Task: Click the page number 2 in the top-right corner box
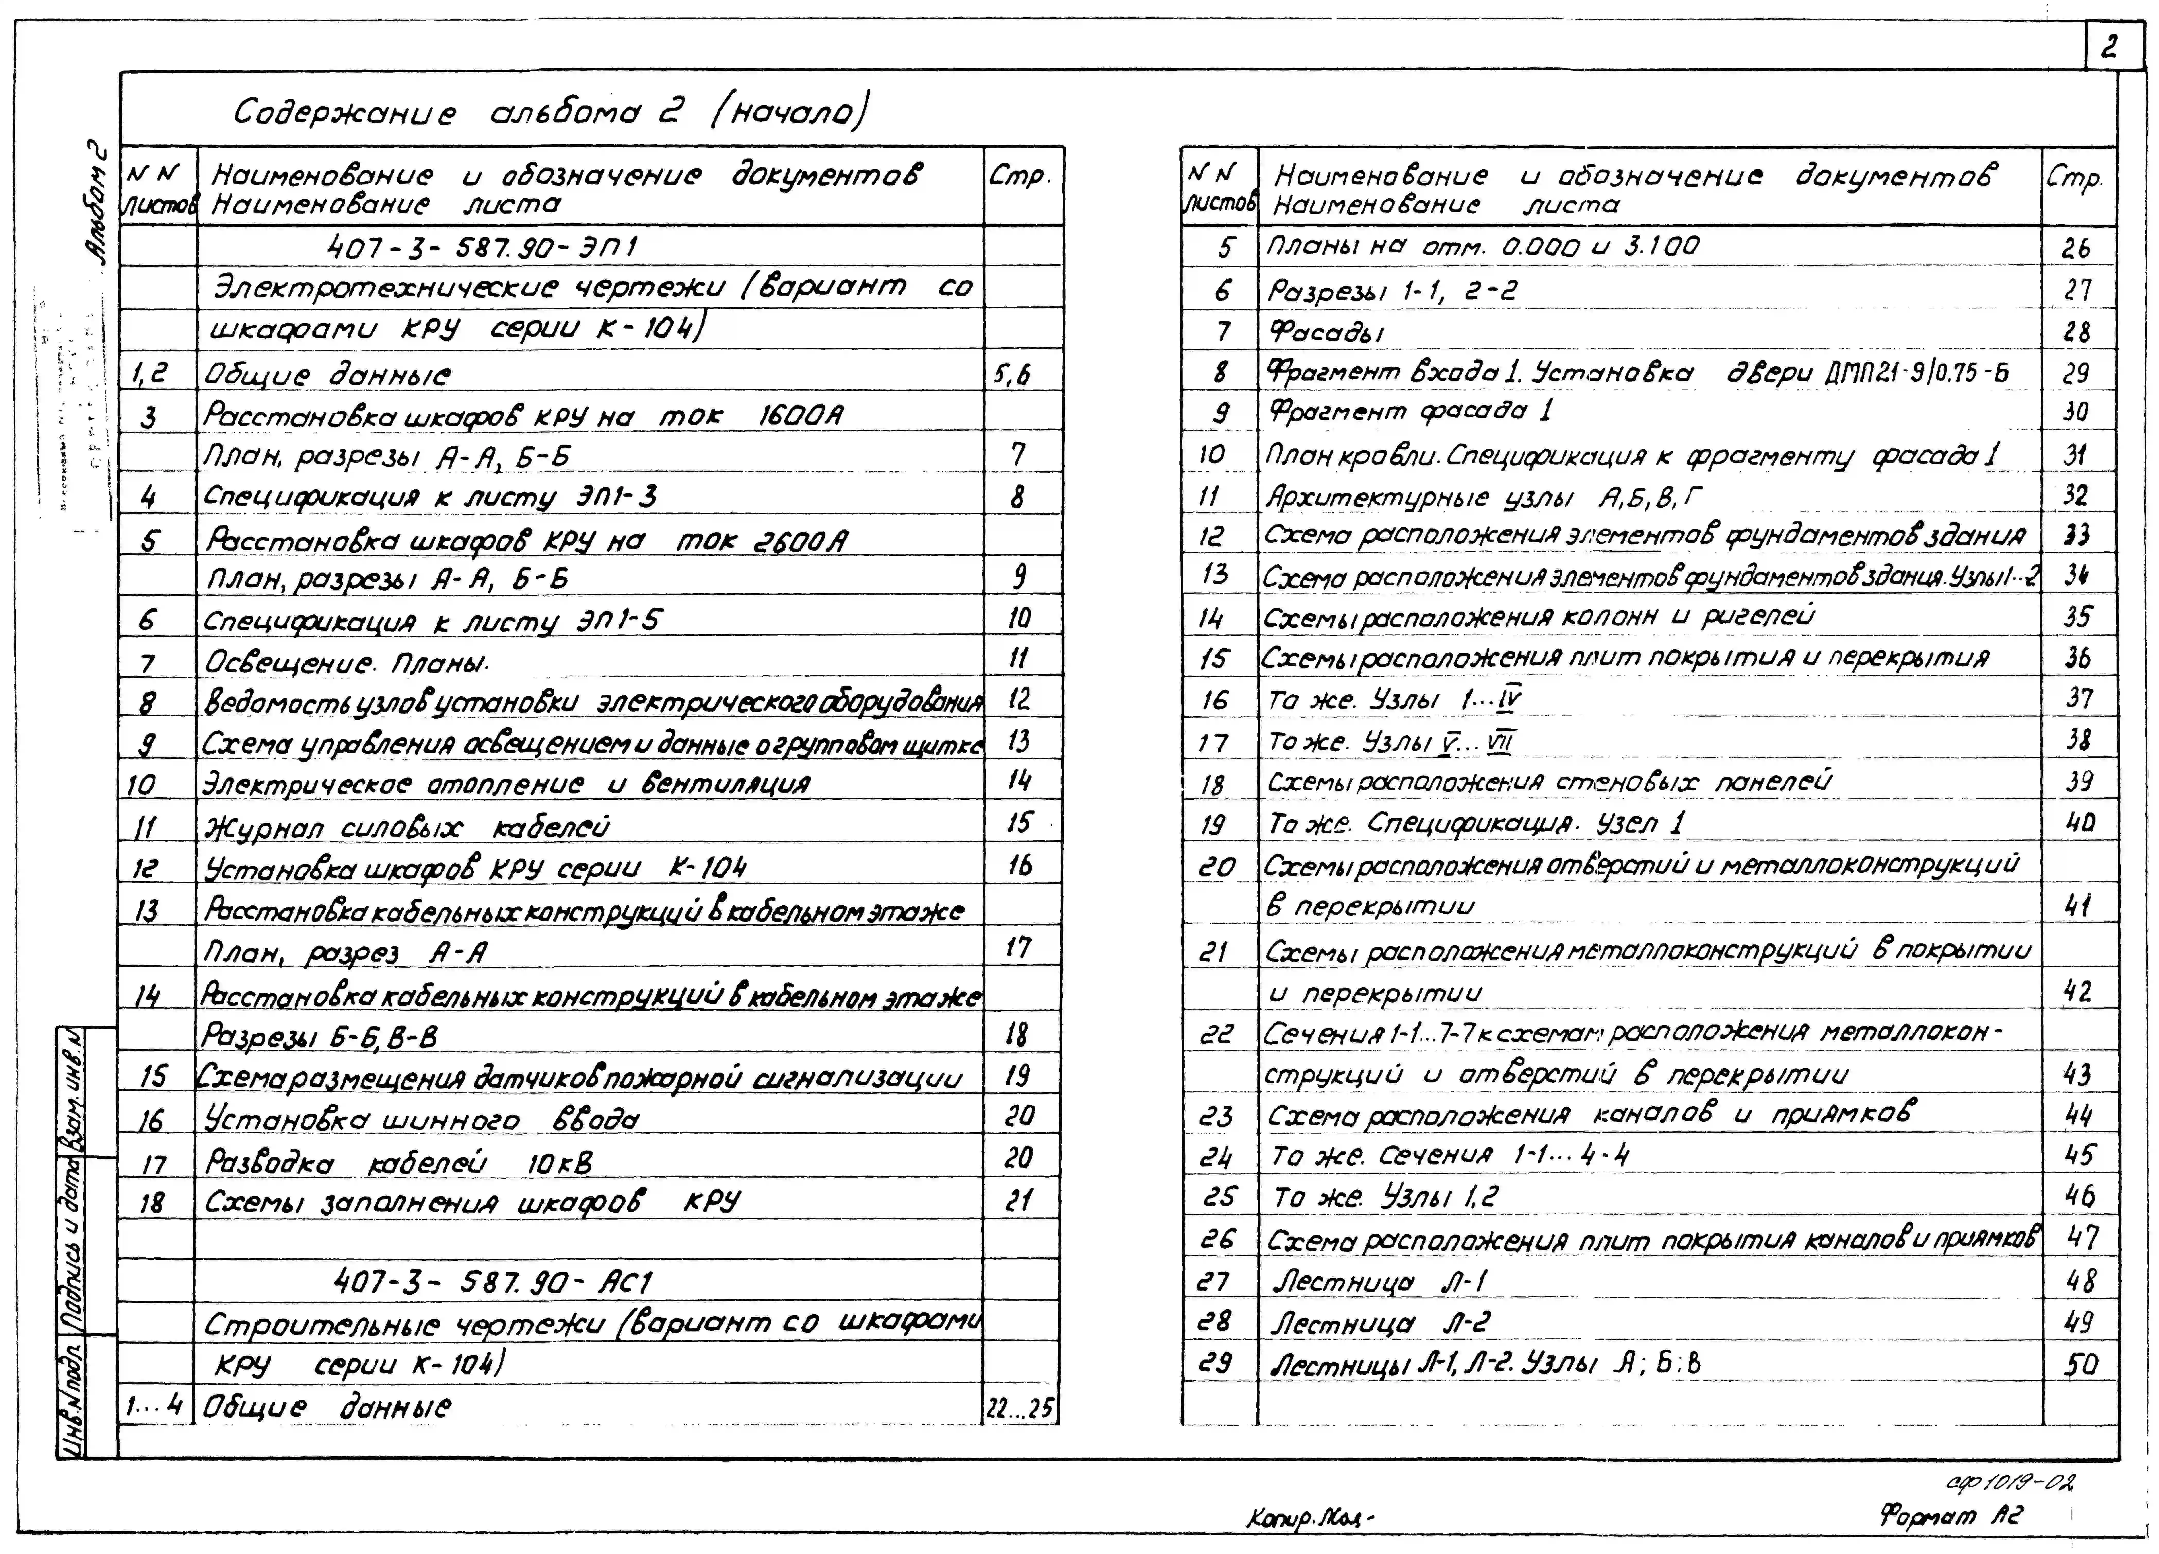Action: point(2109,48)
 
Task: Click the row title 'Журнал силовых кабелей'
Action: point(407,826)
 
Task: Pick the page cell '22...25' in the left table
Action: point(1019,1407)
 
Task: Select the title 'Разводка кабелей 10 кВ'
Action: point(399,1162)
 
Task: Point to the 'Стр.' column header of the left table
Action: point(1019,176)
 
